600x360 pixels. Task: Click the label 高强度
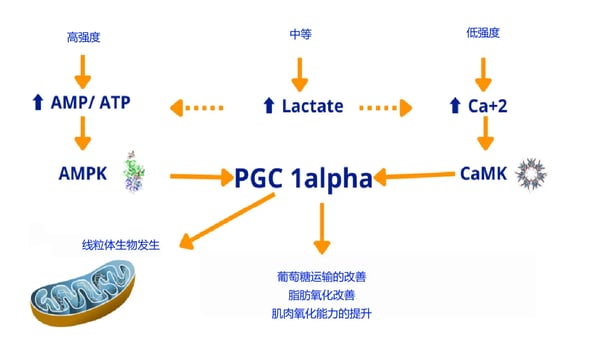coord(84,38)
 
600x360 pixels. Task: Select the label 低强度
coord(483,33)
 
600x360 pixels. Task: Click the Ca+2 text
coord(488,104)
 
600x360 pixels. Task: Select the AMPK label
coord(84,173)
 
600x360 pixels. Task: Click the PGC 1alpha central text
coord(303,178)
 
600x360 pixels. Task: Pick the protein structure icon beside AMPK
coord(134,172)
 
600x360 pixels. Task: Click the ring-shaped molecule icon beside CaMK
coord(531,175)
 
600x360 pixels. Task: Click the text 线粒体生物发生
coord(119,244)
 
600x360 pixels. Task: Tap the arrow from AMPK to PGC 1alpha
coord(199,178)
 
